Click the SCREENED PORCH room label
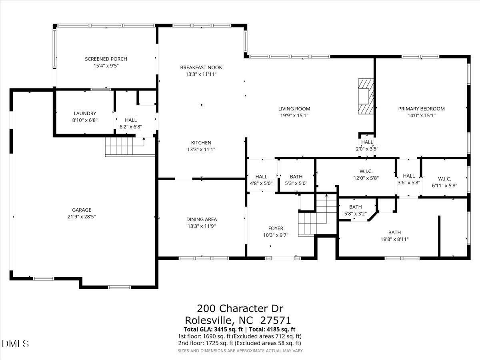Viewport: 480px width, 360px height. [x=106, y=59]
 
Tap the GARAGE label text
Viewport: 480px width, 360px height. [x=82, y=210]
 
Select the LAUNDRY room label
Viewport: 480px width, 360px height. [x=85, y=114]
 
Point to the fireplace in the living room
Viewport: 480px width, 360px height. [x=366, y=96]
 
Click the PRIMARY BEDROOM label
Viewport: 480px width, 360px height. [x=421, y=108]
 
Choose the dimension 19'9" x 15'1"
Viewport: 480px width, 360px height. [x=294, y=115]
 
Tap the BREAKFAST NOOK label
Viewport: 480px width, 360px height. [x=201, y=68]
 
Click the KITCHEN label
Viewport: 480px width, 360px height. [x=201, y=143]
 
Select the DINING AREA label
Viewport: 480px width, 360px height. [x=201, y=219]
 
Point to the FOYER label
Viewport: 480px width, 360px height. [x=276, y=229]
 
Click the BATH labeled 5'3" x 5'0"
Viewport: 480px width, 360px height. [x=296, y=176]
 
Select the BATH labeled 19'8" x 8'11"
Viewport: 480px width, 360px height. [x=394, y=232]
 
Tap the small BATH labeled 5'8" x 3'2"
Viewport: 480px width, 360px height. [x=355, y=207]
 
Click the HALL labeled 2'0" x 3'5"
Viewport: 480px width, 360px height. [x=367, y=142]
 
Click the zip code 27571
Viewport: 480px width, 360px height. [x=275, y=320]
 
